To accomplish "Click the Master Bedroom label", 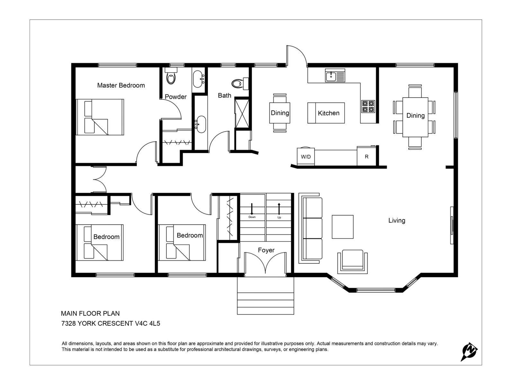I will tap(121, 85).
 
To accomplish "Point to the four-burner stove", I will tap(368, 107).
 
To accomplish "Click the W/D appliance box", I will tap(306, 157).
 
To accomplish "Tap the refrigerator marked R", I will tap(366, 157).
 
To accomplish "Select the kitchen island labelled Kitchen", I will tap(326, 113).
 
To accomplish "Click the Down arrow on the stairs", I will tap(252, 210).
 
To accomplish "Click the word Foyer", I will tap(266, 250).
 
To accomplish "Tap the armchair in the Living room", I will tap(352, 261).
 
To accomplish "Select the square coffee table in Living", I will tap(342, 227).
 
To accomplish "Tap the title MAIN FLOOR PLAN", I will tap(90, 313).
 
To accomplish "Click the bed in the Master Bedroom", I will tap(100, 117).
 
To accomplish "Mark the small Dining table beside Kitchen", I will tap(279, 113).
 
